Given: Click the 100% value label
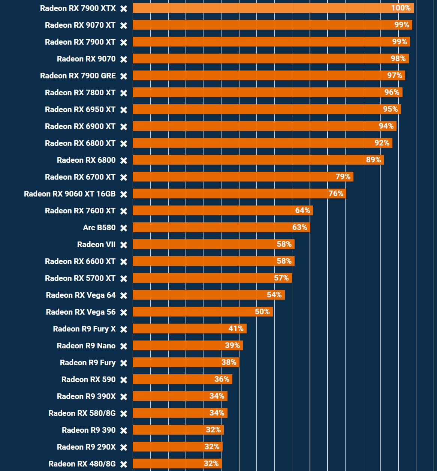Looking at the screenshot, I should pos(401,8).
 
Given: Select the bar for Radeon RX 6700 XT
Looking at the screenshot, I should pos(243,177).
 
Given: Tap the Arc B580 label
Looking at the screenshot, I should pos(99,228).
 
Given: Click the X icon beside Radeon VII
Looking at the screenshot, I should pos(124,245).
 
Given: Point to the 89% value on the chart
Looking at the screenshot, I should pos(373,160).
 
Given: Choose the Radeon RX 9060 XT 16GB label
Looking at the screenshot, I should pos(70,194).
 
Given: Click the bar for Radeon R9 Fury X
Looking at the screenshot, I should pos(189,328).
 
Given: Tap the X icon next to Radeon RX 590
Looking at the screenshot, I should pos(124,380).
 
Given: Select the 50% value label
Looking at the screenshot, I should pos(262,312).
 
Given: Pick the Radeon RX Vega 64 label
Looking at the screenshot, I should pos(81,295).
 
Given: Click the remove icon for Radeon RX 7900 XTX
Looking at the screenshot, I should pos(124,9).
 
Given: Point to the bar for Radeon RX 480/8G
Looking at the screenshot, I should pos(177,463).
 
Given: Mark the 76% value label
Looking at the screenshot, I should pos(335,193).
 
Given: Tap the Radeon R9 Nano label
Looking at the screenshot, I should pos(86,346).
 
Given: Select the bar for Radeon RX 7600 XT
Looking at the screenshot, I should pos(223,210).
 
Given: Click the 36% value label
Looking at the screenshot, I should pos(221,379).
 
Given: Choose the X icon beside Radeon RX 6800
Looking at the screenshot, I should pos(124,160).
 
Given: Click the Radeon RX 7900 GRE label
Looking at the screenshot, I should pos(78,76).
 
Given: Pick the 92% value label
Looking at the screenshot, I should pos(382,143).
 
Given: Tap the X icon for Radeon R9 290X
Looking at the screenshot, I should pos(124,447).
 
